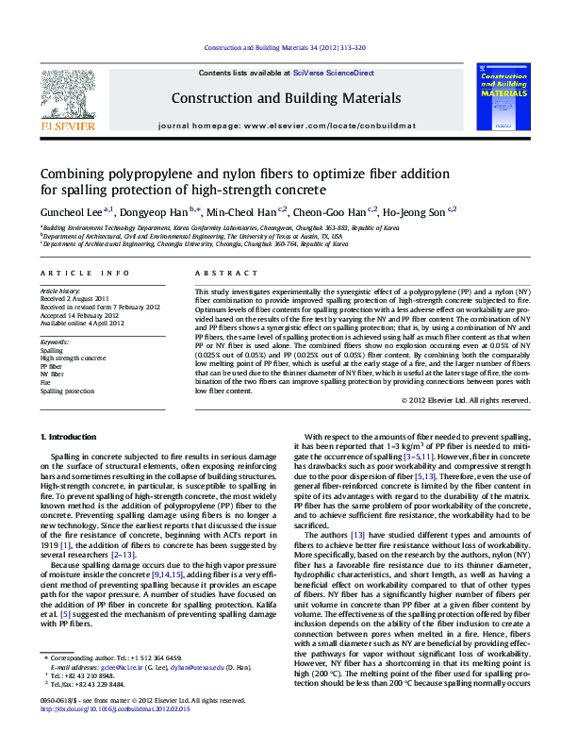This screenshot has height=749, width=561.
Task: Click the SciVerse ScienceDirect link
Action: point(333,73)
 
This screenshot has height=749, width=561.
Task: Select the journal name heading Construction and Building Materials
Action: point(279,97)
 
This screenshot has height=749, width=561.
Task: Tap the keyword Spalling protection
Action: point(67,391)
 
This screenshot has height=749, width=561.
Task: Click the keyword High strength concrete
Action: point(73,358)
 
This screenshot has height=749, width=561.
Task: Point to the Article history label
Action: point(60,291)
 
